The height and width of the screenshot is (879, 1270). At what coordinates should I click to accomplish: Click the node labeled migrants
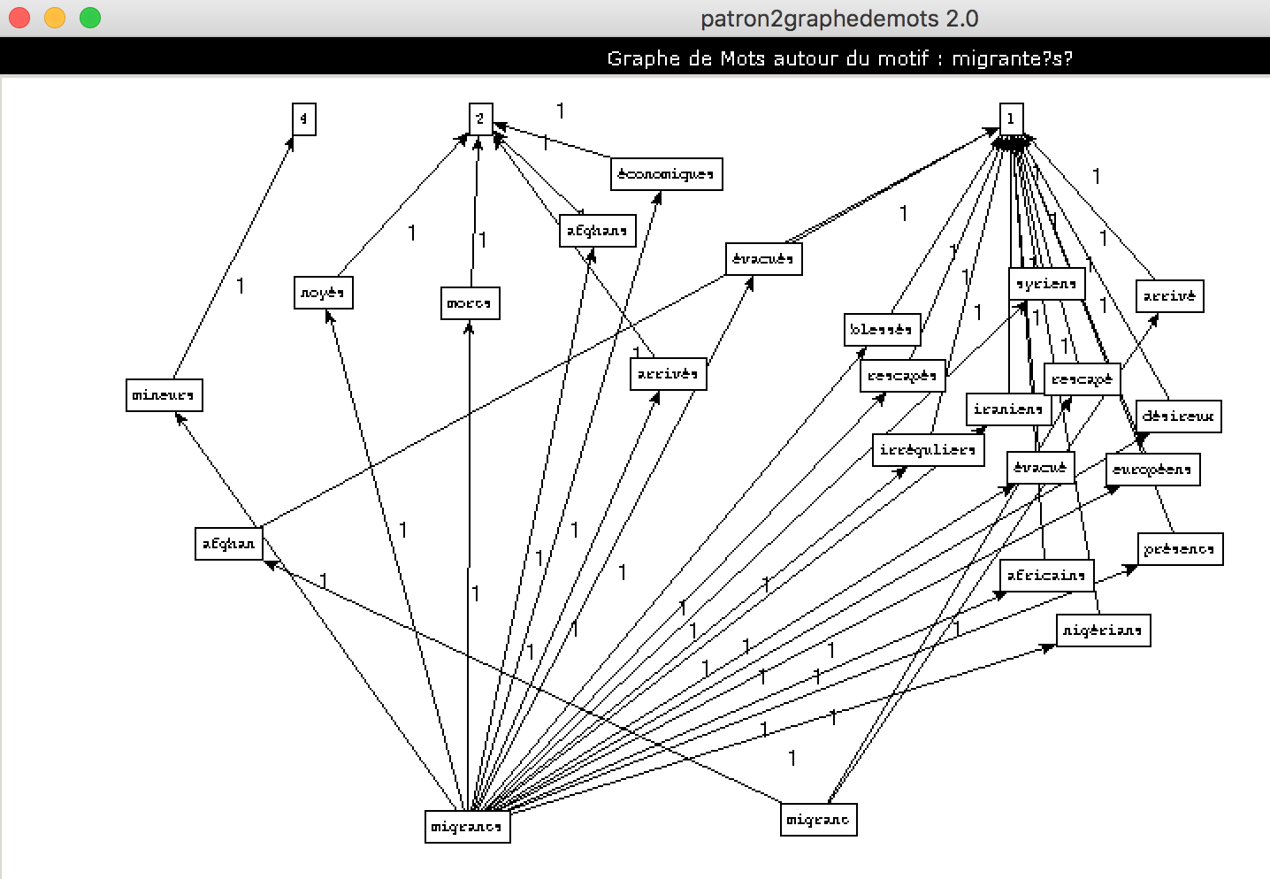pos(467,827)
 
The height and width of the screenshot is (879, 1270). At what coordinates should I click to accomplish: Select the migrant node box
pos(818,820)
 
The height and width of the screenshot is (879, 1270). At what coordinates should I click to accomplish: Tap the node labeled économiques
pos(666,174)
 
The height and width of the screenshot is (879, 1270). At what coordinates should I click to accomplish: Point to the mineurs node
pos(164,395)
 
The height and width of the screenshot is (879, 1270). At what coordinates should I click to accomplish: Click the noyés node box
pos(323,293)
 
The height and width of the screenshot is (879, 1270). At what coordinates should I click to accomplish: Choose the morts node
pos(470,303)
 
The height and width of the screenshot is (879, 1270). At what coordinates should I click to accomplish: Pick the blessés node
pos(882,330)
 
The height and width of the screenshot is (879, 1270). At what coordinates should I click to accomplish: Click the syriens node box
pos(1046,284)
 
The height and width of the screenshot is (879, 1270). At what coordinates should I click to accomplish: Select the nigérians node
pos(1103,631)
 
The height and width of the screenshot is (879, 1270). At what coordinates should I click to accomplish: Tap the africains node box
pos(1046,576)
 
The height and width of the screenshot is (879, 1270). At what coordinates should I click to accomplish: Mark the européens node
pos(1152,470)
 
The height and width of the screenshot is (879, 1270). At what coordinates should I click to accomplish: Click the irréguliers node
pos(928,450)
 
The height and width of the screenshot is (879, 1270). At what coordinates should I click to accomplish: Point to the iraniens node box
pos(1008,409)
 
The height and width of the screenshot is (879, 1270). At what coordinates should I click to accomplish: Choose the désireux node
pos(1178,417)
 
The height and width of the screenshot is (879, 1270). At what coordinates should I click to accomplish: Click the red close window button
pos(19,18)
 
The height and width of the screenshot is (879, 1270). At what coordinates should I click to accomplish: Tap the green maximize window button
pos(90,18)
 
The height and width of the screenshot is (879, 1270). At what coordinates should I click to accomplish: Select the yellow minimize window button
pos(55,18)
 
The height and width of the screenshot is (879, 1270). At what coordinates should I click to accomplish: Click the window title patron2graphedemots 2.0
pos(838,19)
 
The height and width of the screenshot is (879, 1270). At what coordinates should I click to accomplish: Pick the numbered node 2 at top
pos(480,119)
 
